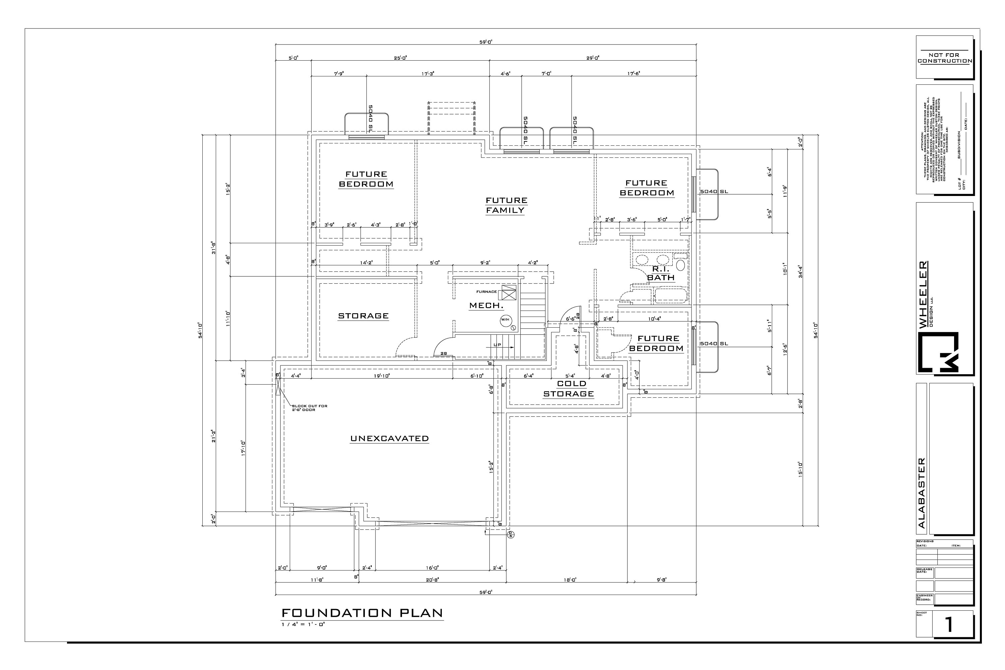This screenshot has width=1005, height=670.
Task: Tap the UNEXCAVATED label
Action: pyautogui.click(x=389, y=439)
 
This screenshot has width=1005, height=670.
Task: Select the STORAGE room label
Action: pyautogui.click(x=363, y=316)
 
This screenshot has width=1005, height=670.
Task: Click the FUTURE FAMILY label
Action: pyautogui.click(x=506, y=205)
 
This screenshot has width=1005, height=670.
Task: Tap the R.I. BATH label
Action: pyautogui.click(x=661, y=273)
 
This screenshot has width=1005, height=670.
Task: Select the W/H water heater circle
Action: pyautogui.click(x=505, y=320)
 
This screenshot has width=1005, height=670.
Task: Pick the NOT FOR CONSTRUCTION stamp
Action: pyautogui.click(x=944, y=58)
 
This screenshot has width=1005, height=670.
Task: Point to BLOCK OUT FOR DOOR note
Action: pyautogui.click(x=309, y=408)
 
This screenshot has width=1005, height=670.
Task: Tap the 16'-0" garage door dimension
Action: pyautogui.click(x=432, y=568)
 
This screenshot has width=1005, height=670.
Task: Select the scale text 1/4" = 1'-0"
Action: pyautogui.click(x=304, y=624)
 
